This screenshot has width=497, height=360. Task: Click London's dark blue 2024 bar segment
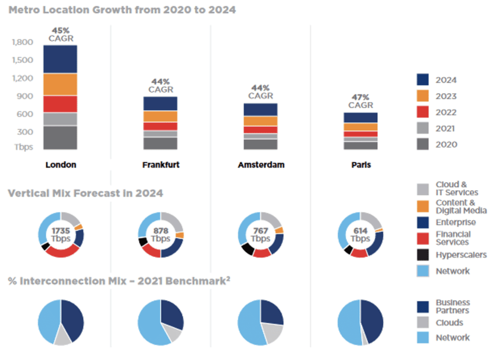60,59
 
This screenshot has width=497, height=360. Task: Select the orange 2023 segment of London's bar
60,85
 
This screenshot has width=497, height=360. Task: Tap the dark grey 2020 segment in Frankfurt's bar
161,143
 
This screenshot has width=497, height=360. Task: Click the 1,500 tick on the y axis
23,60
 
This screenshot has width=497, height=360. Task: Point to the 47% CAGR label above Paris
361,101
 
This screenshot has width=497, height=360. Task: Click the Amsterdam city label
261,165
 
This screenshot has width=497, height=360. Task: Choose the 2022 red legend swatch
422,112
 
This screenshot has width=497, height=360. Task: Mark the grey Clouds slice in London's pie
62,339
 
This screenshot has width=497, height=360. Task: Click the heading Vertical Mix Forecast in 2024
85,193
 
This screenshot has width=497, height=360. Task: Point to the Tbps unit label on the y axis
23,147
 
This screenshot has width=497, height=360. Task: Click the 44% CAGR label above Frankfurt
161,86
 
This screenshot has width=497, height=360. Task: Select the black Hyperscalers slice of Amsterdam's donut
247,249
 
